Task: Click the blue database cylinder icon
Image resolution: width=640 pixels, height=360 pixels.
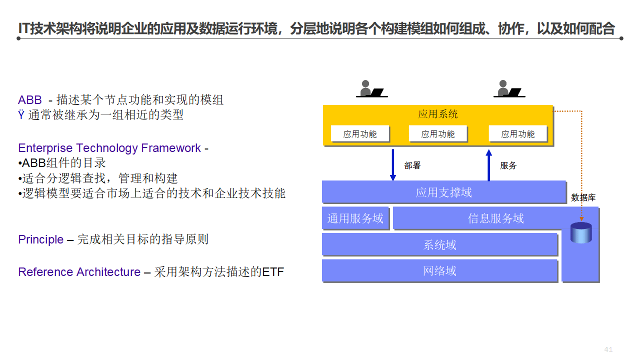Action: click(x=581, y=233)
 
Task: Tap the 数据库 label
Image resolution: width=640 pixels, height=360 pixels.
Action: click(x=583, y=198)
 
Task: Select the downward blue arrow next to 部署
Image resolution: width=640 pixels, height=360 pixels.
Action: click(x=393, y=164)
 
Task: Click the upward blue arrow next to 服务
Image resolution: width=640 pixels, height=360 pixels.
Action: click(x=489, y=164)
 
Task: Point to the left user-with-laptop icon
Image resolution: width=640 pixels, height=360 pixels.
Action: click(x=371, y=88)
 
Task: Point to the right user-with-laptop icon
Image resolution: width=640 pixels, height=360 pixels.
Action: click(x=508, y=88)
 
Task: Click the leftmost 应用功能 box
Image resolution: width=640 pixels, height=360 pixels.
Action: click(x=360, y=134)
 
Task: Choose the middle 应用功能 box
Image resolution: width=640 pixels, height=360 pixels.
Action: click(x=438, y=134)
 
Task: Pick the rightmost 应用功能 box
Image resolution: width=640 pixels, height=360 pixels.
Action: click(x=518, y=134)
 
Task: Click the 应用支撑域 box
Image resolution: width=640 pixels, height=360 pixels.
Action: click(x=443, y=192)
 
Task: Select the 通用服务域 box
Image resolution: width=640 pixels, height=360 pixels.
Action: click(x=355, y=218)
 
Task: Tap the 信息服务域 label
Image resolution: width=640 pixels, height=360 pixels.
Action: click(x=495, y=218)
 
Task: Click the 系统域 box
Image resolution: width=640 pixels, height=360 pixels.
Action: click(x=439, y=245)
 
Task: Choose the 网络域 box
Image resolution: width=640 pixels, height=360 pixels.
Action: click(x=439, y=271)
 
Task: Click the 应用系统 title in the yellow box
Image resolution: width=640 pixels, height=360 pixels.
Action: click(x=438, y=114)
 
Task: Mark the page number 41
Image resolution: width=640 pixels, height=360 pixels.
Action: click(x=608, y=349)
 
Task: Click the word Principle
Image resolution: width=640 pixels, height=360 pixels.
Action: click(x=40, y=239)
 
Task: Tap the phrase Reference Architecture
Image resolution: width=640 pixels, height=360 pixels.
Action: click(x=79, y=272)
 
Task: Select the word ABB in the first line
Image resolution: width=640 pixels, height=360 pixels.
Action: click(x=30, y=99)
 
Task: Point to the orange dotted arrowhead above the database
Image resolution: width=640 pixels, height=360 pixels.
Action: click(x=581, y=218)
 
